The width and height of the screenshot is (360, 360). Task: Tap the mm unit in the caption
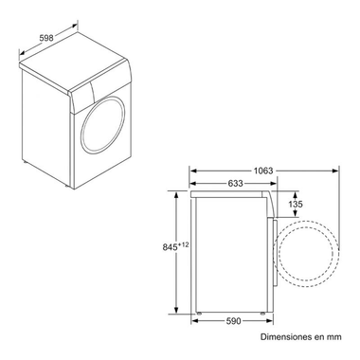332,336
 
